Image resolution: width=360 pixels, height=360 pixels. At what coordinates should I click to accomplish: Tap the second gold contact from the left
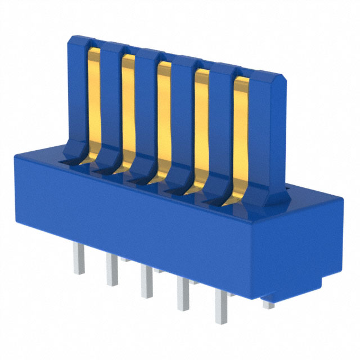(x=128, y=110)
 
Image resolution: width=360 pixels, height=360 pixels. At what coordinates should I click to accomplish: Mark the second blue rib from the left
(x=111, y=104)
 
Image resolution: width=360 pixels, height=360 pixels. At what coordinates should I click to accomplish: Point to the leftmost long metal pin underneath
(x=78, y=262)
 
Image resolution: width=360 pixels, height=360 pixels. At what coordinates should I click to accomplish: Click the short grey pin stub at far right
(x=269, y=304)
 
